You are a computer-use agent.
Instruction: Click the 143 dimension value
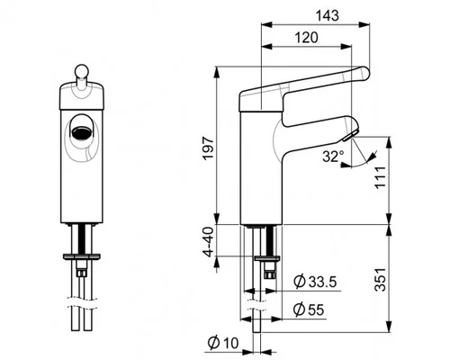(x=328, y=15)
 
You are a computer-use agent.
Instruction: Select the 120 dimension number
(x=306, y=38)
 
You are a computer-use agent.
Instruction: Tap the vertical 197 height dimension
(x=208, y=148)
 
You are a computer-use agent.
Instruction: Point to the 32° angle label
(x=333, y=157)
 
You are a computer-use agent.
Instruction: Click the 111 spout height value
(x=381, y=177)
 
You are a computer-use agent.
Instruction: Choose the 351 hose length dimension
(x=381, y=280)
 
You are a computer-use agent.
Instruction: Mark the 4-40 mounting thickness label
(x=209, y=242)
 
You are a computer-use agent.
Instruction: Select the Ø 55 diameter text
(x=309, y=310)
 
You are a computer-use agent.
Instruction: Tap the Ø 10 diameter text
(x=223, y=343)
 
